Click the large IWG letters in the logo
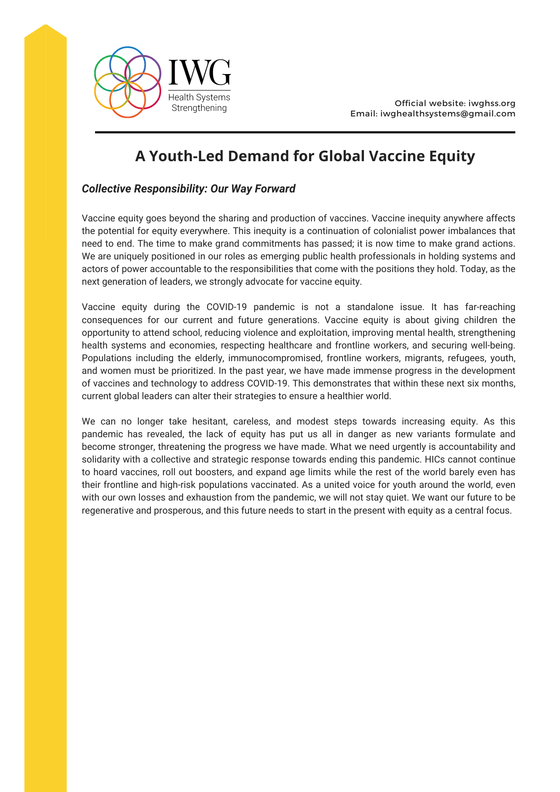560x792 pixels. click(x=199, y=72)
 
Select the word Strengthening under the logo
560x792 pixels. click(x=199, y=108)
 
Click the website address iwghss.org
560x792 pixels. click(x=492, y=103)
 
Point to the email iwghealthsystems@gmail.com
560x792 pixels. click(x=448, y=114)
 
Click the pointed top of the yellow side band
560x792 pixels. click(x=46, y=26)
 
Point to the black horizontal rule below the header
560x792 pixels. click(x=305, y=132)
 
